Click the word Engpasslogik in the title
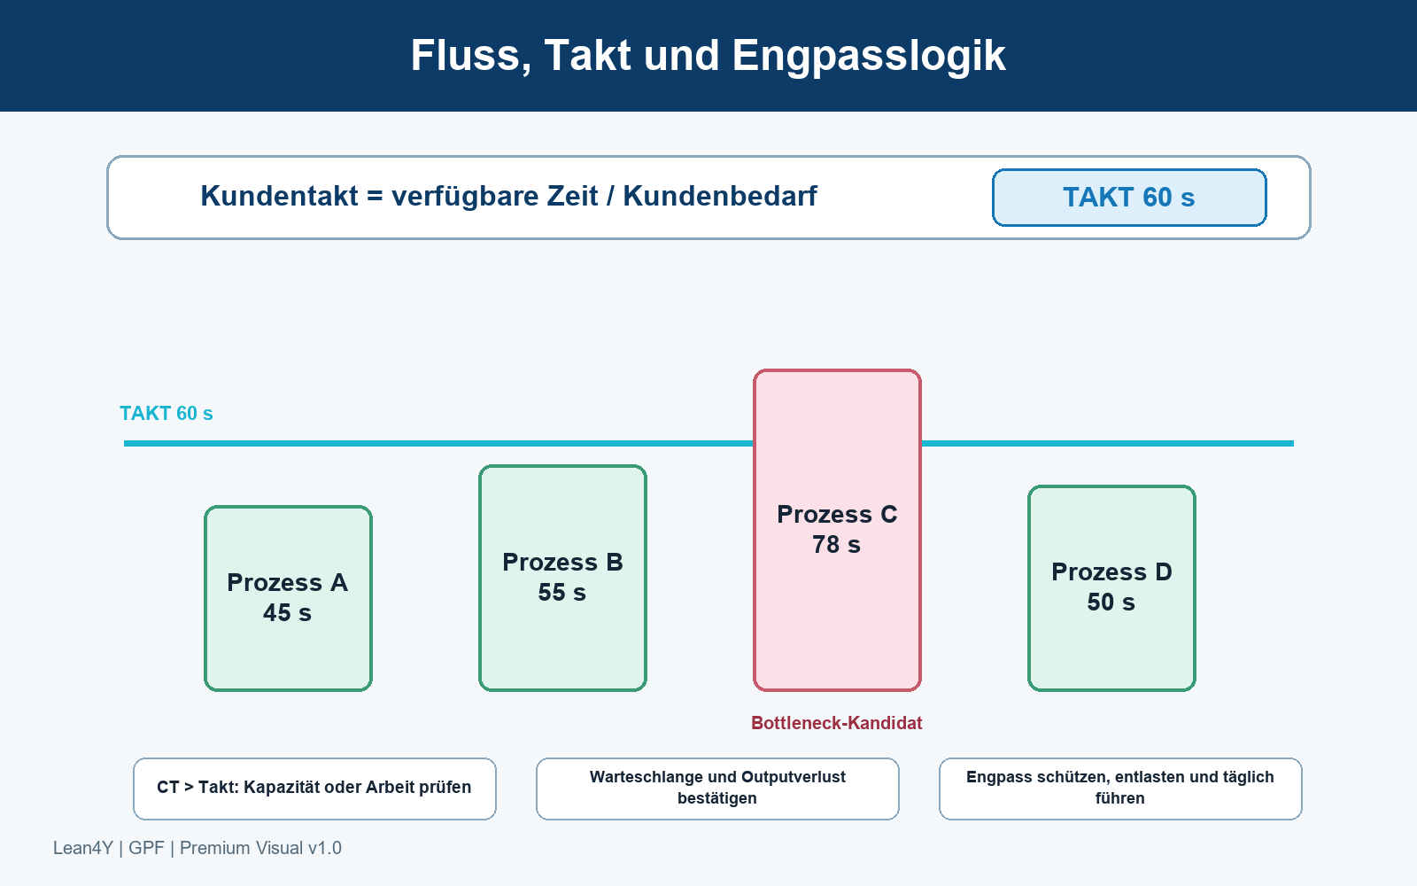[869, 57]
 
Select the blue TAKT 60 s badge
[1129, 198]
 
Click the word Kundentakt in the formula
[279, 196]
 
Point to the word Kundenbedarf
[720, 196]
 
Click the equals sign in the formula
[375, 196]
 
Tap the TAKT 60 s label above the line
[166, 413]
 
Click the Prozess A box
[288, 598]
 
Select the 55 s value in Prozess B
[561, 593]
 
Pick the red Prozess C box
[837, 531]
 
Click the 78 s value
[836, 544]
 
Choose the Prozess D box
[1111, 588]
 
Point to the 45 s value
[287, 612]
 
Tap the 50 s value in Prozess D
[1111, 602]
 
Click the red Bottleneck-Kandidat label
[836, 723]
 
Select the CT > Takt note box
[314, 789]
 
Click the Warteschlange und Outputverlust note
[717, 789]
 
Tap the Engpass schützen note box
[1120, 789]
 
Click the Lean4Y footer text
[197, 848]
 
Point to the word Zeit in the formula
[572, 196]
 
